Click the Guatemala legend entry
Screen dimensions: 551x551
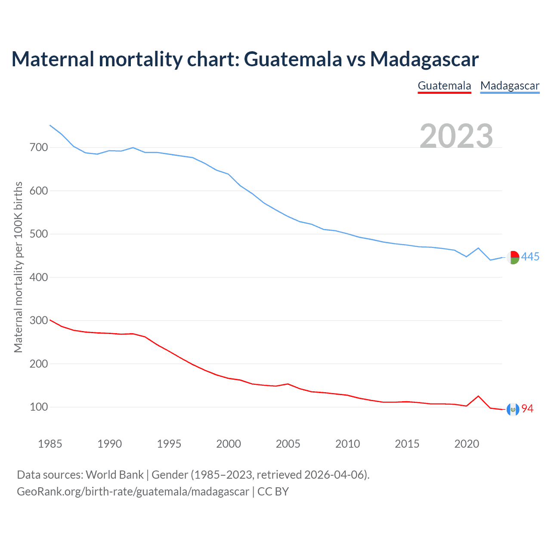pos(444,86)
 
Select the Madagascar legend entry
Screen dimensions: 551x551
pos(510,86)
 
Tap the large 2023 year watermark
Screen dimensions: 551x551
pos(456,136)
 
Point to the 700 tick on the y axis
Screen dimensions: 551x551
pos(39,148)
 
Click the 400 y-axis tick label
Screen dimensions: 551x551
pos(39,277)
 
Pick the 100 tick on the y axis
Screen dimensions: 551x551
pos(39,407)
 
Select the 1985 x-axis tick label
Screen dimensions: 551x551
pos(50,444)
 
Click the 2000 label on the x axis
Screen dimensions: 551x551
pos(229,444)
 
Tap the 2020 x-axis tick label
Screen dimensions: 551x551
pos(467,444)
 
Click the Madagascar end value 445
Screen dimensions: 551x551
pos(530,257)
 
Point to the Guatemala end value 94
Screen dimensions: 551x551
pos(527,409)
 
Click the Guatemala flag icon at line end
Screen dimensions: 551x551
pos(513,409)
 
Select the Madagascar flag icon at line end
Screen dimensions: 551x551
pos(513,257)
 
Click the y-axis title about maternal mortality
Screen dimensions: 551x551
pos(18,267)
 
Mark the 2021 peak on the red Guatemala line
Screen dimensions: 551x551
pos(478,396)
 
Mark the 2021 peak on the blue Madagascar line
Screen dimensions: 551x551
pos(478,248)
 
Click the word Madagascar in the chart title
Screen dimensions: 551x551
pos(424,59)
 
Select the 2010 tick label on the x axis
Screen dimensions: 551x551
pos(347,444)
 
